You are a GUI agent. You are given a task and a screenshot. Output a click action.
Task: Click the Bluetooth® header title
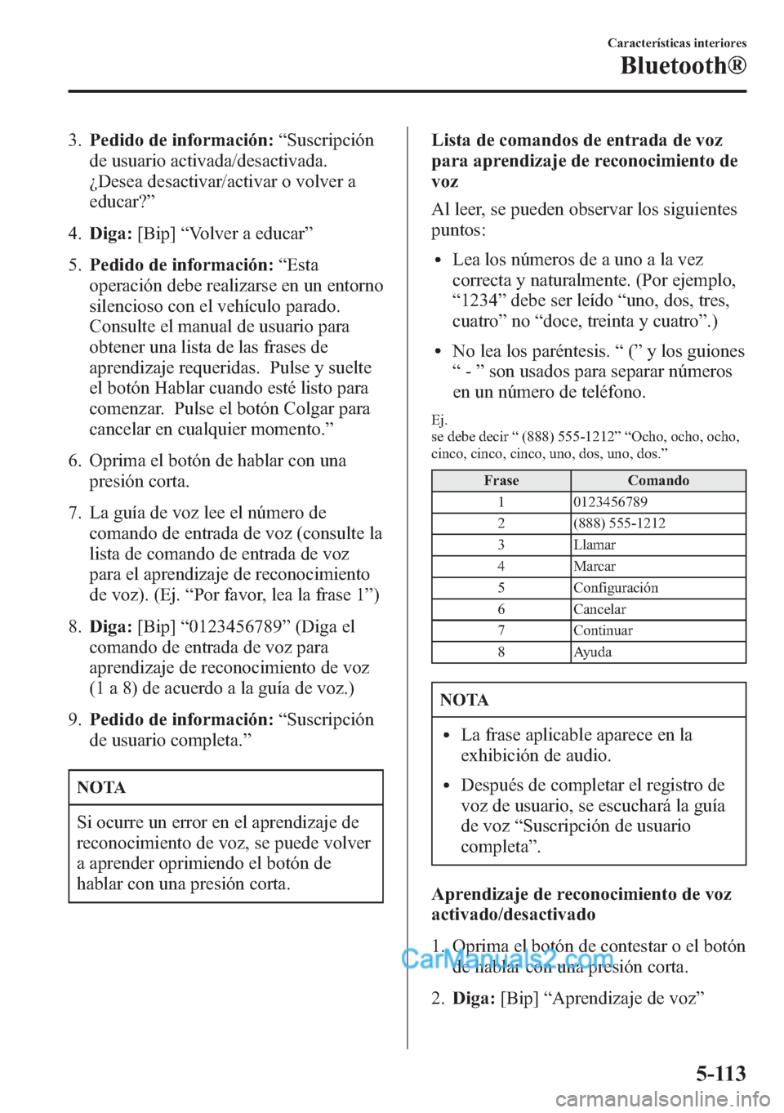[683, 66]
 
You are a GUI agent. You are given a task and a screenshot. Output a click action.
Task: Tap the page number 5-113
[720, 1073]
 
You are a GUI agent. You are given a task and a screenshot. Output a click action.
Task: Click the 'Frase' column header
[501, 481]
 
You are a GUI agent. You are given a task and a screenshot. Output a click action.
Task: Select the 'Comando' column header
[658, 481]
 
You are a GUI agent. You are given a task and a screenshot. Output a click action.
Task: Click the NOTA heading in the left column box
[101, 787]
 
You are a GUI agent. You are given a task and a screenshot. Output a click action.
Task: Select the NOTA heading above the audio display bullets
[464, 700]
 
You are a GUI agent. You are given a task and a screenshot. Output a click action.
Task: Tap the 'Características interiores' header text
[676, 43]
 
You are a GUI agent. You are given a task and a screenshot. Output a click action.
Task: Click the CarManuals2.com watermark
[507, 958]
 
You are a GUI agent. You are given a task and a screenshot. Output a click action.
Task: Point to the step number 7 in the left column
[74, 513]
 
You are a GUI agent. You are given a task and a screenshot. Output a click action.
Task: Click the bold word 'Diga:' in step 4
[110, 234]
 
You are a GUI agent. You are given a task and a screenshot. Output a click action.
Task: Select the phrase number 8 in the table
[501, 652]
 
